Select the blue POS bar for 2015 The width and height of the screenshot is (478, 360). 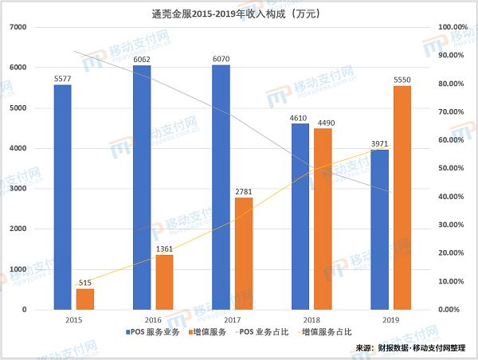62,197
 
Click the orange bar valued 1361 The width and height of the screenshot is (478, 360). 164,282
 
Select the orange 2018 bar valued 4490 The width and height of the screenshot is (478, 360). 323,219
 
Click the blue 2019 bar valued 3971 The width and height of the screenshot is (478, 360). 379,229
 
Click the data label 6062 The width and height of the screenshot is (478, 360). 142,59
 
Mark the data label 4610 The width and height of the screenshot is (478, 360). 300,117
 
